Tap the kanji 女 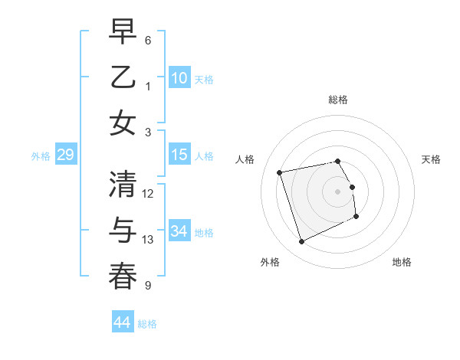(123, 123)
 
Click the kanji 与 (123, 230)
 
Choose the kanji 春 (123, 277)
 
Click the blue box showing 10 (179, 77)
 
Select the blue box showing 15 (179, 155)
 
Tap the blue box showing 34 (179, 231)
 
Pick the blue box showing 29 (65, 155)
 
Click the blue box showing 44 (123, 322)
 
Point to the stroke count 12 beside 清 (148, 193)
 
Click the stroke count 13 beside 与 (148, 240)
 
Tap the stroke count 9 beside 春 (148, 286)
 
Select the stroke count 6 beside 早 (148, 40)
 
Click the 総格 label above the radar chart (338, 100)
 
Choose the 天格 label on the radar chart (432, 159)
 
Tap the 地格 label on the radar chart (402, 262)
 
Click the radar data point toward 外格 (301, 242)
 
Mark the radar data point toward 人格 (280, 172)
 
